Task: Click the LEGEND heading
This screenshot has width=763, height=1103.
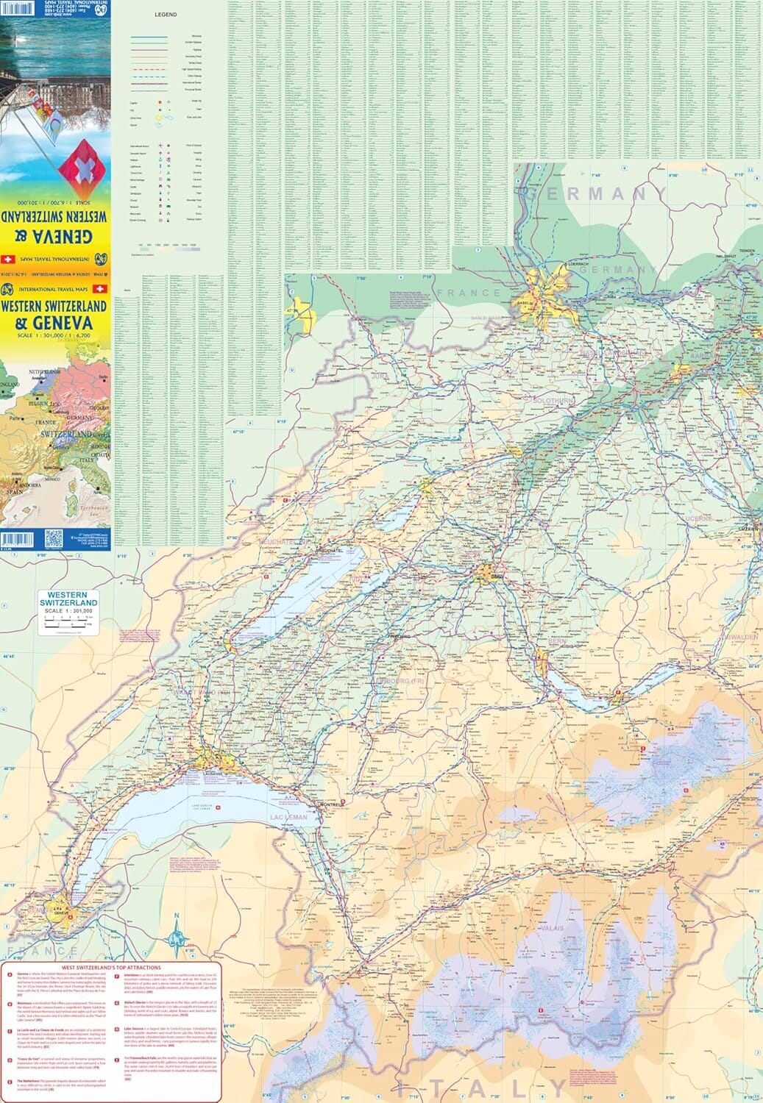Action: (166, 15)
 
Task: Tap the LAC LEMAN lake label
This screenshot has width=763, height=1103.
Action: (288, 818)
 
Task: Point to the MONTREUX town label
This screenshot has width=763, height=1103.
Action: (331, 804)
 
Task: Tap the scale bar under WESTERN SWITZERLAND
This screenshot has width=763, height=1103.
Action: (68, 622)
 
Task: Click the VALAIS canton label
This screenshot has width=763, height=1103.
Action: (552, 928)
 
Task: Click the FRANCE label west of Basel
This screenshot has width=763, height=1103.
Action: (469, 293)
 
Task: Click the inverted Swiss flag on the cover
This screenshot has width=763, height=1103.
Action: (77, 168)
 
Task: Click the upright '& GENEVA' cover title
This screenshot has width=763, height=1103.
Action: (54, 323)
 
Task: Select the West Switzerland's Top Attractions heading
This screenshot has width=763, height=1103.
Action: (110, 968)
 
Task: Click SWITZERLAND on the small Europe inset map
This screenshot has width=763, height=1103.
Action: (65, 435)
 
